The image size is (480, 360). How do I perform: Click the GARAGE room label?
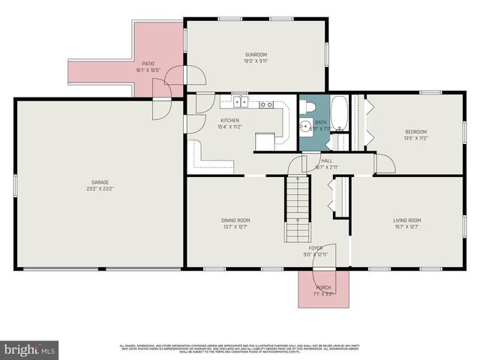coord(100,182)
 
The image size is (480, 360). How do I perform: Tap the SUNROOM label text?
coord(256,55)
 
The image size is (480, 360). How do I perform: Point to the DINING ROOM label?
coord(235,220)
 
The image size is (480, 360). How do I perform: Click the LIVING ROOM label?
coord(407,220)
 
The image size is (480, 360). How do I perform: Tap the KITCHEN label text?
coord(230,121)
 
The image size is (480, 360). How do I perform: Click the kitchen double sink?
coord(240,103)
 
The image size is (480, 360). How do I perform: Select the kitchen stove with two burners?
coord(266,104)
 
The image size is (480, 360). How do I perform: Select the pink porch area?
coord(324,289)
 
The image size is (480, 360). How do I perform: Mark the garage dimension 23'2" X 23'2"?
coord(100,189)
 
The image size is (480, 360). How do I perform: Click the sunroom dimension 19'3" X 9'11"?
coord(256,61)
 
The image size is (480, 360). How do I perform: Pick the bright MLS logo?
coord(30,349)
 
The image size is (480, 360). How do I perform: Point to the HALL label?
coord(327,160)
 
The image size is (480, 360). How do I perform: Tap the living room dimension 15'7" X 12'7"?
coord(407,226)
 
